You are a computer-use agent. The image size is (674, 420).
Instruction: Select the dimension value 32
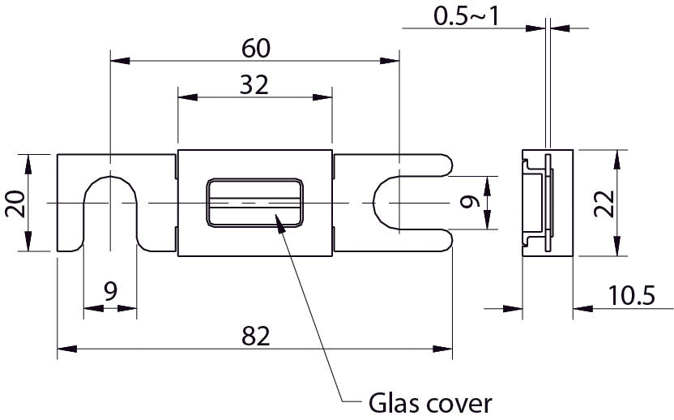(x=254, y=84)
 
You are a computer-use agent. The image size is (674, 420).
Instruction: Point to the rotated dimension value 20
(x=15, y=202)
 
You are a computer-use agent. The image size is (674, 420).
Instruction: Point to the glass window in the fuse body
(x=254, y=202)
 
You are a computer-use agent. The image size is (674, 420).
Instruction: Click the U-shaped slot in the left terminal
(x=110, y=207)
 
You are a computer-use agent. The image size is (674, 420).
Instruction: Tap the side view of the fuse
(x=547, y=203)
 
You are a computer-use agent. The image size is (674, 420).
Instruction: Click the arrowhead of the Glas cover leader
(x=280, y=219)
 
